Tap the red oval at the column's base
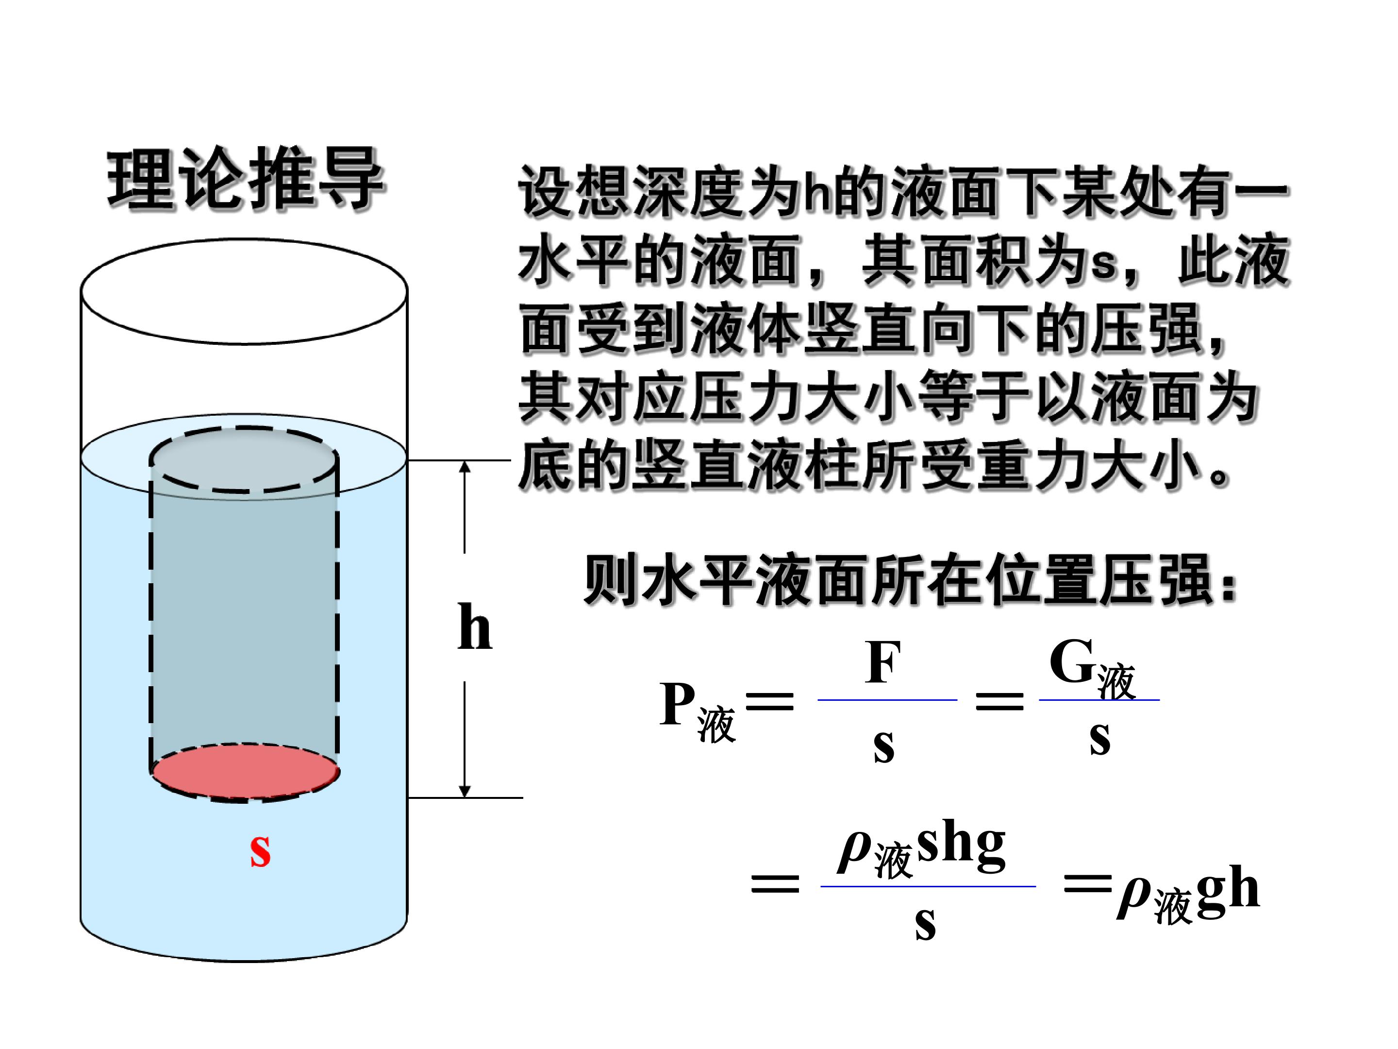click(245, 773)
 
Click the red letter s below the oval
click(260, 852)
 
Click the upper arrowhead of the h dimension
click(465, 467)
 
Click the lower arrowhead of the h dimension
click(465, 792)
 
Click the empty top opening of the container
click(244, 291)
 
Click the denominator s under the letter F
click(883, 748)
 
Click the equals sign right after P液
click(769, 702)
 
